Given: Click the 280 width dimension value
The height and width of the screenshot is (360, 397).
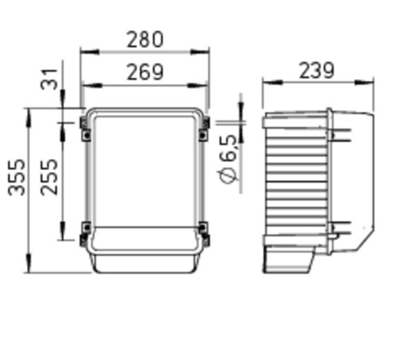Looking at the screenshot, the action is pos(145,40).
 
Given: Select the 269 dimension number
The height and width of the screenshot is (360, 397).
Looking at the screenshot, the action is pos(145,72).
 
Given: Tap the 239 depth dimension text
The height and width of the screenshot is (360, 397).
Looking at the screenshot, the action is pos(317,71).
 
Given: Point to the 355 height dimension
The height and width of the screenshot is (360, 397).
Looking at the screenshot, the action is pos(17,177).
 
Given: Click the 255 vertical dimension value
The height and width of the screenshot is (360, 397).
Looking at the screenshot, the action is pos(49,177).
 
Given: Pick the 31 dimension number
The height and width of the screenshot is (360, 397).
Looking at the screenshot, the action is pos(49,79).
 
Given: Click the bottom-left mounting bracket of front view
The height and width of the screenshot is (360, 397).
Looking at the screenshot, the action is pos(85,234).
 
